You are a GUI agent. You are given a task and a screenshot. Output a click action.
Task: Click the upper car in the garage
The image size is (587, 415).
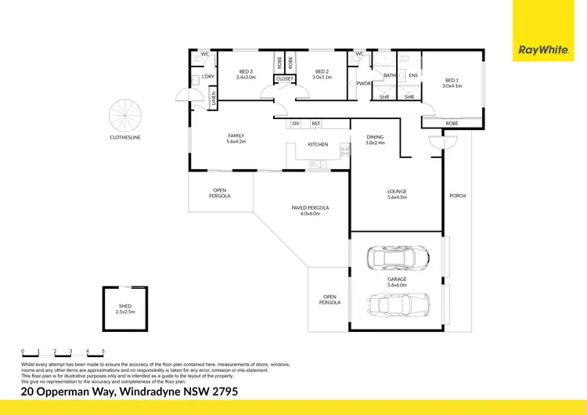[400, 257]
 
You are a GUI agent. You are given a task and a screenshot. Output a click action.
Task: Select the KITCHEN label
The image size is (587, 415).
[317, 145]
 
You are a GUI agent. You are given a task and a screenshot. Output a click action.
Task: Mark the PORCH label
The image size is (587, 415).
[457, 196]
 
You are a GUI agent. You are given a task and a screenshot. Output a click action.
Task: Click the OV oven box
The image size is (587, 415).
[296, 124]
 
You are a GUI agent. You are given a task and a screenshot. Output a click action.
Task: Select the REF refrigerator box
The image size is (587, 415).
[316, 124]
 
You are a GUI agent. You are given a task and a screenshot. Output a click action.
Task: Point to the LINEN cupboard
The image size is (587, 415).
[213, 98]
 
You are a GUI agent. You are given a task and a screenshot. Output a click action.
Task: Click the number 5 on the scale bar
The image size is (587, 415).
[103, 351]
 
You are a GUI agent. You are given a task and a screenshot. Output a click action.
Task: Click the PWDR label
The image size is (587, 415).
[363, 83]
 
